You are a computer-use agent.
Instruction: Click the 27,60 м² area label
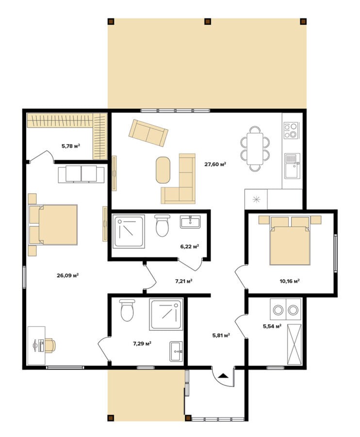[215, 164]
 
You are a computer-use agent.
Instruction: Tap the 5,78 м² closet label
[71, 146]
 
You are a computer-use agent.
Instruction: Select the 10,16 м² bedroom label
[290, 281]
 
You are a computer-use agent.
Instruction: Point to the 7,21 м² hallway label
[184, 281]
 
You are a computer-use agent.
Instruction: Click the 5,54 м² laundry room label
[272, 326]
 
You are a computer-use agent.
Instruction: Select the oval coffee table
[163, 170]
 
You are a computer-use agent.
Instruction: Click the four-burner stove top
[291, 131]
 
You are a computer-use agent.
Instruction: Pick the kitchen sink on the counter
[292, 166]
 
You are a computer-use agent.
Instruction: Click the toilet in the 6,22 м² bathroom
[163, 225]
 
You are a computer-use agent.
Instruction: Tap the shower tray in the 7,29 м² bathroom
[166, 314]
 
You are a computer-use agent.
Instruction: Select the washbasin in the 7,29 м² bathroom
[176, 351]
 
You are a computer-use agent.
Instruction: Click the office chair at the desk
[50, 346]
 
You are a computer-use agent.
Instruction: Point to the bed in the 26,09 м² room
[53, 225]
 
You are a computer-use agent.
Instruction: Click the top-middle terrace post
[208, 21]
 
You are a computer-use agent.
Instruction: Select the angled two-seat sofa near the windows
[148, 133]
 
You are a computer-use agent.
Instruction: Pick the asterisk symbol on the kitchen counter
[256, 200]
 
